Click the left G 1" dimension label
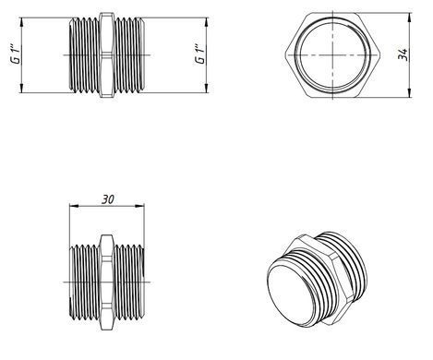pos(15,54)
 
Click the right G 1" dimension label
pos(199,54)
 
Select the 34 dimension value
pos(403,54)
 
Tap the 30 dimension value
pos(108,199)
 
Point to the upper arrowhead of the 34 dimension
pos(409,17)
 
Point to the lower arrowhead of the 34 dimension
pos(409,93)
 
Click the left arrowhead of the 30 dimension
pos(74,206)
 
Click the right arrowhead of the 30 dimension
pos(139,206)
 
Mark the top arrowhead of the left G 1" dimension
pos(21,22)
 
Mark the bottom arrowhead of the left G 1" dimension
pos(21,88)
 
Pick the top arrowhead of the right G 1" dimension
pos(207,22)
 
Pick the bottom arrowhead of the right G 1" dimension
pos(207,88)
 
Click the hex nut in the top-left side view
pos(107,55)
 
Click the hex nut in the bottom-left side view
pos(107,282)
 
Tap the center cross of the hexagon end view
pos(332,55)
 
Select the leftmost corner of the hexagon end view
pos(285,55)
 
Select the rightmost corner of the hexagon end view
pos(380,55)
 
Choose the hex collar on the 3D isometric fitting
pos(320,277)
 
